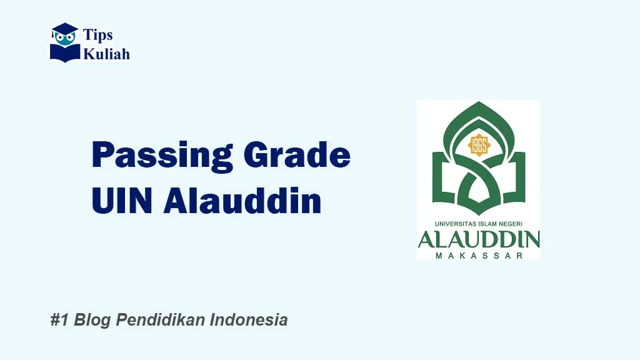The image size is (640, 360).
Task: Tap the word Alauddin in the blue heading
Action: (242, 202)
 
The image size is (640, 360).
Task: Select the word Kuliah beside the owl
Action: (107, 54)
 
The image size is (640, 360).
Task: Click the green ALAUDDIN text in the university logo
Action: (479, 240)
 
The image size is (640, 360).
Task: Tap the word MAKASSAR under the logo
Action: (479, 256)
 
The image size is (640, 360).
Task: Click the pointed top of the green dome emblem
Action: (479, 104)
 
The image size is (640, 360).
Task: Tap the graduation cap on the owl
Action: (65, 28)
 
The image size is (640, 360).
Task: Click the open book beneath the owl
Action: (65, 52)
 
